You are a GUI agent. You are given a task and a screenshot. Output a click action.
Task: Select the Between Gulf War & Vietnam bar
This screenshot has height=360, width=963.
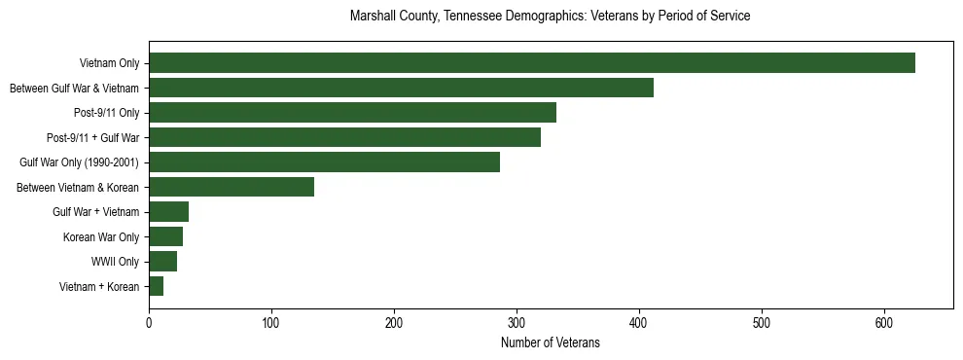point(401,89)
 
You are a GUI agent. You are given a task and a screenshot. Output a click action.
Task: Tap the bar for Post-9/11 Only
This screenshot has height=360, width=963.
point(352,113)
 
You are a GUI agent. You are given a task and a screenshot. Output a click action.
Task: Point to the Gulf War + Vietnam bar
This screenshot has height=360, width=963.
point(168,212)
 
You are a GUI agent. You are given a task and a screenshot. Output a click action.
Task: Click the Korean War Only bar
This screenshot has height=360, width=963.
point(165,236)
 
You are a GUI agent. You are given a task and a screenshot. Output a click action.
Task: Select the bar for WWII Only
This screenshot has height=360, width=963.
point(162,262)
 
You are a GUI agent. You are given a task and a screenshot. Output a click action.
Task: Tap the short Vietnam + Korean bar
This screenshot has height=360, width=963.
point(156,286)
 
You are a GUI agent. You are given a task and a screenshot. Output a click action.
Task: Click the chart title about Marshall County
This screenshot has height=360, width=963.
point(550,17)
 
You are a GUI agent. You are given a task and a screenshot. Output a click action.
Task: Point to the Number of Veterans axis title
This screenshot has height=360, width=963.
point(551,343)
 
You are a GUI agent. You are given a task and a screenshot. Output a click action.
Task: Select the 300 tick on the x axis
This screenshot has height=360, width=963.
point(517,323)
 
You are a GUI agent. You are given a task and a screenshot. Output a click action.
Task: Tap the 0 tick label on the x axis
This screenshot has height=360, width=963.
point(149,323)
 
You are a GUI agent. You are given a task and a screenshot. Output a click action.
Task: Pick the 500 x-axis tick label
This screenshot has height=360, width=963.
point(762,323)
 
